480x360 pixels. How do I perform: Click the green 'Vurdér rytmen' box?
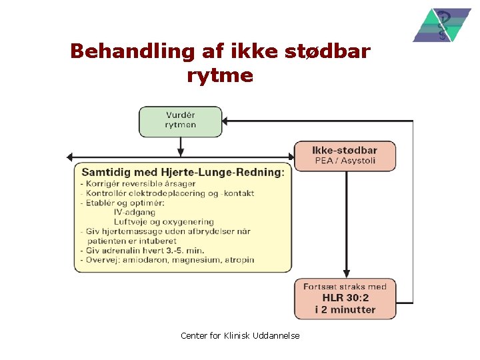click(x=180, y=121)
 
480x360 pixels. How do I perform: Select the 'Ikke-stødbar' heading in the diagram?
click(x=345, y=151)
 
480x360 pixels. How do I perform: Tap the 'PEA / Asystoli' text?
click(x=345, y=161)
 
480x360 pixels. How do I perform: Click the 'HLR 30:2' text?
click(x=345, y=298)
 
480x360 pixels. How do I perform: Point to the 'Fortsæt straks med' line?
click(x=345, y=287)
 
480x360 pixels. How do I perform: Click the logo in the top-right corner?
click(x=441, y=25)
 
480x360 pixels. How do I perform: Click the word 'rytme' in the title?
click(x=220, y=75)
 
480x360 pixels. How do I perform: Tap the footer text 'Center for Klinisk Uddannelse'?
click(x=240, y=335)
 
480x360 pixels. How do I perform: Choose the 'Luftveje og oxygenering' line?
click(x=163, y=221)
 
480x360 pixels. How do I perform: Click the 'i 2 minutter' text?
click(x=345, y=309)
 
